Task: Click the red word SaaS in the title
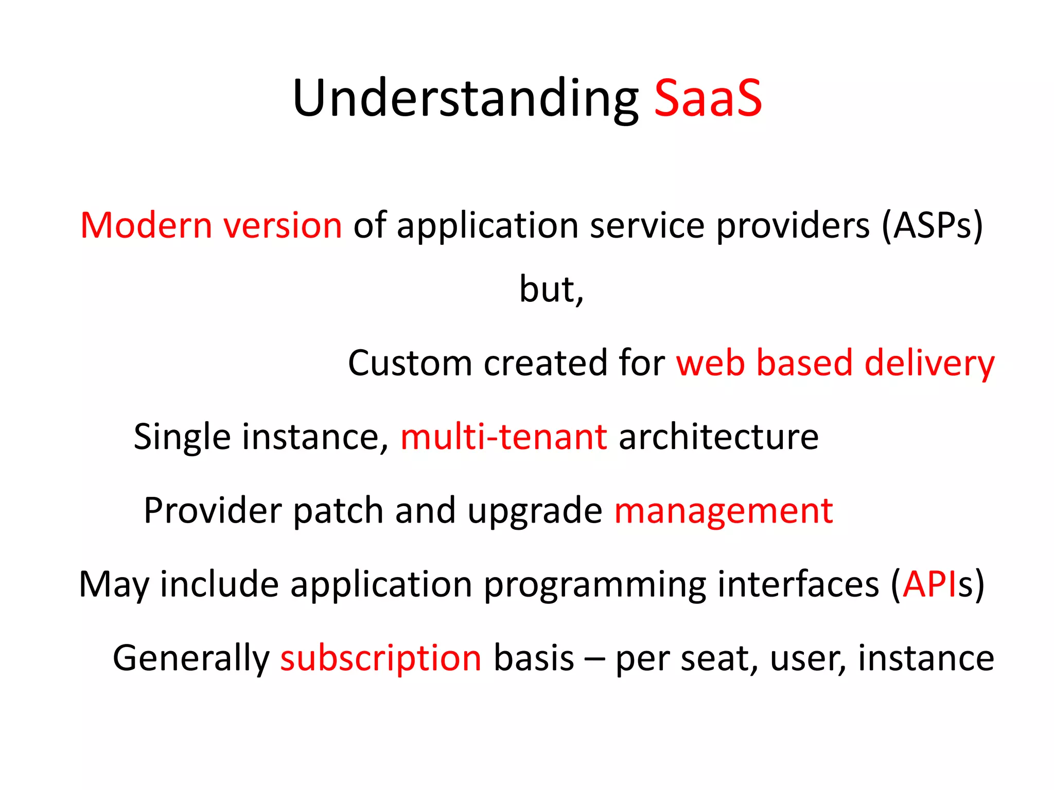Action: (x=708, y=98)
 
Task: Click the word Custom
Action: (x=410, y=363)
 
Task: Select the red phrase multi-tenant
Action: (x=504, y=437)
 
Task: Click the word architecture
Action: (x=718, y=437)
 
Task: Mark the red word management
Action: (x=724, y=511)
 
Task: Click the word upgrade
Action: (x=535, y=511)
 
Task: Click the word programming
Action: (x=595, y=585)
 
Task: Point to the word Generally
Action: (x=191, y=658)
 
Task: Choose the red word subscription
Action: (x=381, y=658)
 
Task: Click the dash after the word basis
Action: (x=594, y=659)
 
